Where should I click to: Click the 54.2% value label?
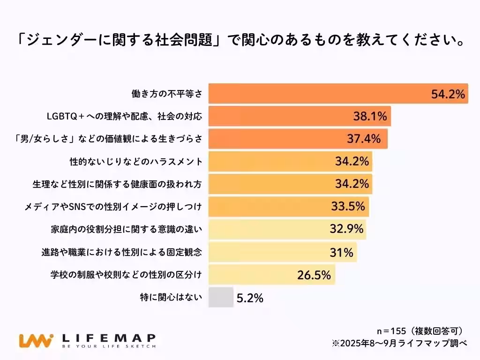tap(448, 94)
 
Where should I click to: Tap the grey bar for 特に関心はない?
tap(221, 297)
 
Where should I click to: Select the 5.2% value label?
tap(250, 298)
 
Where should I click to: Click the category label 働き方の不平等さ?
tap(166, 94)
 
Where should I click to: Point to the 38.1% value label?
tap(370, 116)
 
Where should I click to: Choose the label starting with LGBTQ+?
tap(124, 116)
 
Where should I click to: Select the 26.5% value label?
tap(314, 275)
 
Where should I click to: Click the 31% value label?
tap(341, 252)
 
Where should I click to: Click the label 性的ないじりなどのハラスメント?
tap(136, 162)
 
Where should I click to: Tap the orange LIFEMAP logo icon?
tap(36, 340)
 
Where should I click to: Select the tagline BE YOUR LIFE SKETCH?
tap(109, 346)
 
